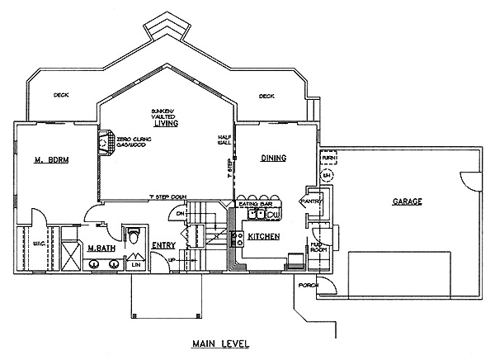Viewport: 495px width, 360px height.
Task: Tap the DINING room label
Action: coord(273,158)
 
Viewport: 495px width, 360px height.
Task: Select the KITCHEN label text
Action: coord(264,237)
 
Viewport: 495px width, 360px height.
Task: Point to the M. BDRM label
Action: coord(51,159)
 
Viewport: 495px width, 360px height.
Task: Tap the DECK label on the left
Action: coord(61,95)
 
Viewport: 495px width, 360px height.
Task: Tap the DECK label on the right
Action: coord(266,96)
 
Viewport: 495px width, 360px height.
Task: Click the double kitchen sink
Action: coord(257,215)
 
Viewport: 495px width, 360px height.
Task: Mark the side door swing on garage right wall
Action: coord(469,178)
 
